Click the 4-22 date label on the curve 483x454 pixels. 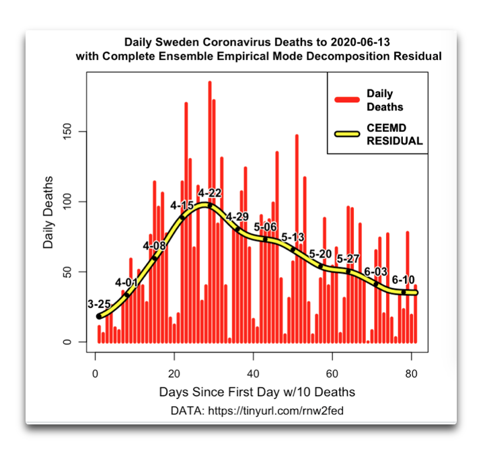(x=210, y=193)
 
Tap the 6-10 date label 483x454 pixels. (x=403, y=280)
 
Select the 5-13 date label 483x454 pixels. (x=293, y=237)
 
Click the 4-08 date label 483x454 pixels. (x=154, y=245)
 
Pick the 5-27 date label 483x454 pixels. (x=348, y=259)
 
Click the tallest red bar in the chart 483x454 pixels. (x=210, y=202)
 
